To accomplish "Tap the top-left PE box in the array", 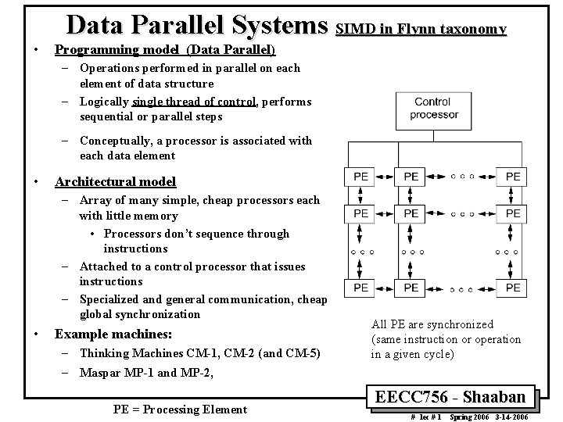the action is click(x=360, y=177).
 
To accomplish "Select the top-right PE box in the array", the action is click(x=512, y=177).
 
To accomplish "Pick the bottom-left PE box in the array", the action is click(x=360, y=288).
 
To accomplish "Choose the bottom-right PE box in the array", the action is click(x=512, y=288).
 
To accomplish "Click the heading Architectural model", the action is click(x=115, y=182).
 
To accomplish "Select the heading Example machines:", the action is click(x=113, y=334).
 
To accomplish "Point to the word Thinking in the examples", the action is click(x=104, y=353).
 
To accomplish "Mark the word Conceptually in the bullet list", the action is click(x=115, y=141).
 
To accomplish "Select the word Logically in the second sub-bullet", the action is click(x=105, y=102).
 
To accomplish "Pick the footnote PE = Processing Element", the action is click(x=180, y=409).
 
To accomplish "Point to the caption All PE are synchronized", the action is click(x=432, y=324).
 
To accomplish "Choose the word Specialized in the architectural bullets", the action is click(x=110, y=299).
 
